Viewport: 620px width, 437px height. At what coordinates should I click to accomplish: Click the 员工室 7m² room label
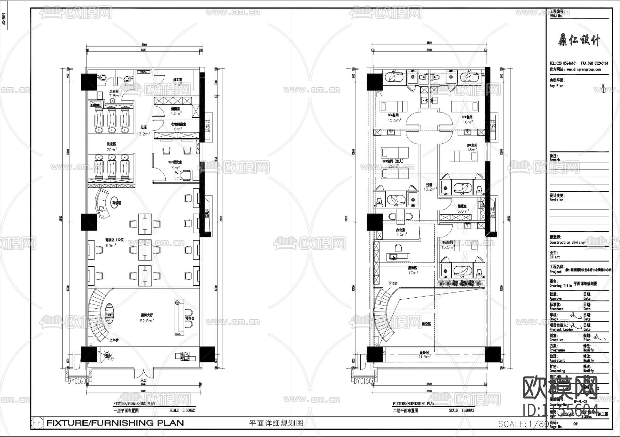pos(178,82)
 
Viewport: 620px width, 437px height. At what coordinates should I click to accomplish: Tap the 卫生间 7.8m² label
pos(114,94)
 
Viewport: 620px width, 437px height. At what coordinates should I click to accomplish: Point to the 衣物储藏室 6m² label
pos(178,126)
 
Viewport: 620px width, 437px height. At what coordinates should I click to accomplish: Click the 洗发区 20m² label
pos(112,147)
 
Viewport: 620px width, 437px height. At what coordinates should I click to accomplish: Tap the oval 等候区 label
pos(116,203)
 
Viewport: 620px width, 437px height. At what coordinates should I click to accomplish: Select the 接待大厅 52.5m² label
pos(147,317)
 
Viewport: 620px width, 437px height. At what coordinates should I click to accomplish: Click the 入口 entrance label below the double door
pos(144,380)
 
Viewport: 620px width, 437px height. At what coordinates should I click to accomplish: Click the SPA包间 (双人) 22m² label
pos(393,163)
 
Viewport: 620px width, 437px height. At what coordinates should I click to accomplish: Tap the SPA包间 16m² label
pos(467,119)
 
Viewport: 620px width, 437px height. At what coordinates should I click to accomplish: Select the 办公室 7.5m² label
pos(401,232)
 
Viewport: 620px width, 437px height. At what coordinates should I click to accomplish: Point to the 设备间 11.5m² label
pos(424,354)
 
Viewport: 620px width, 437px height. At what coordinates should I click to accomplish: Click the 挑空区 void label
pos(426,324)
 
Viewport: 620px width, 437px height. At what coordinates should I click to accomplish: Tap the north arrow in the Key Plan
pos(603,89)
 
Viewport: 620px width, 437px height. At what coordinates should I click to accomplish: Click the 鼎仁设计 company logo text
pos(579,41)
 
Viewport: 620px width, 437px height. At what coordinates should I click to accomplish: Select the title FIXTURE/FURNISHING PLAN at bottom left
pos(115,423)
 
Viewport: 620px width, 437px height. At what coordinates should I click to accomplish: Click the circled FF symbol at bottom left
pos(37,423)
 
